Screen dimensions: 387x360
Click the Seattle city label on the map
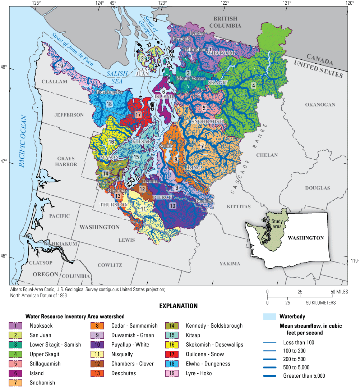[x=166, y=146]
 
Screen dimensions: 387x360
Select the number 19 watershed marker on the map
[x=60, y=66]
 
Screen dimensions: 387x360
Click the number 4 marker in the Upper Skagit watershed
[x=253, y=86]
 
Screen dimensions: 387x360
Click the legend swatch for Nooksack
[x=15, y=326]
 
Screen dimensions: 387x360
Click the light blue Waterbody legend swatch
[x=269, y=317]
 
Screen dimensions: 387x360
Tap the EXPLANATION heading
[x=179, y=306]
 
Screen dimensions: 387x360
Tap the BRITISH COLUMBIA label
[x=225, y=22]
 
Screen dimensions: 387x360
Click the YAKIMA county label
[x=230, y=264]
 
